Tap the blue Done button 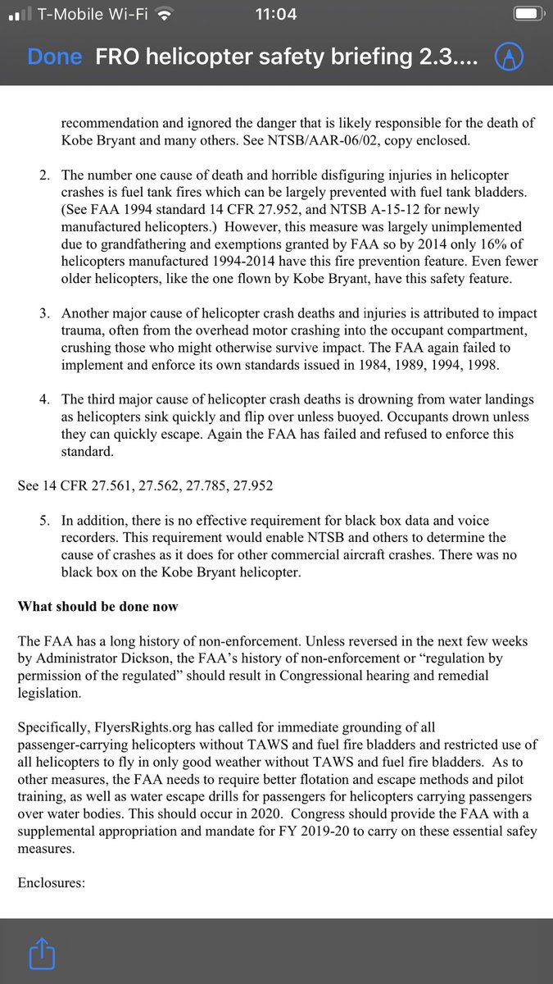(x=54, y=57)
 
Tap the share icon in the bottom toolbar (x=40, y=954)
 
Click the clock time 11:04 (x=276, y=14)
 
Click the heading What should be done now (x=98, y=607)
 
